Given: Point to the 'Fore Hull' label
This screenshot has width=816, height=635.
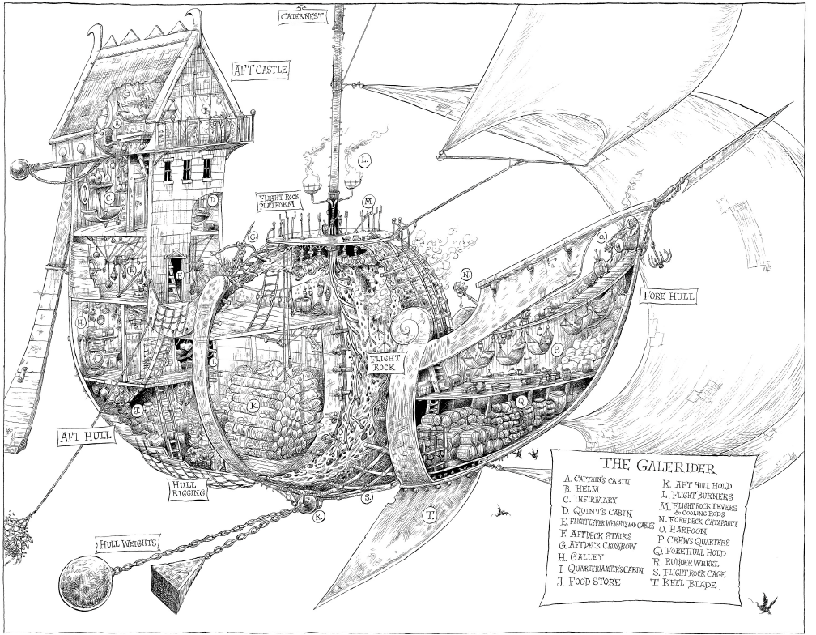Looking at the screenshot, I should click(668, 297).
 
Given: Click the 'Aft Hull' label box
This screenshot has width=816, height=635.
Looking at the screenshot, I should click(85, 437).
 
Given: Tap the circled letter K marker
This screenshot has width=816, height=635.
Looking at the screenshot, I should click(254, 404).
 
